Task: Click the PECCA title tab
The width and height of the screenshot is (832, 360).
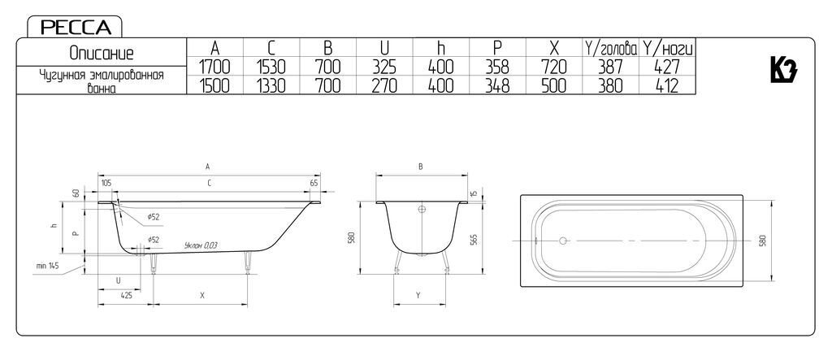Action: pos(75,27)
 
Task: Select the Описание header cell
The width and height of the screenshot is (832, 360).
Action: pos(102,53)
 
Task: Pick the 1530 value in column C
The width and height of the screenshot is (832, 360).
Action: pos(271,67)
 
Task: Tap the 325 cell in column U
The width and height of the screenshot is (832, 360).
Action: pos(384,67)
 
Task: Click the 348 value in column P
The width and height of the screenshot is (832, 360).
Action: pos(497,85)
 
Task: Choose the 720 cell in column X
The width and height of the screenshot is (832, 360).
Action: pos(554,67)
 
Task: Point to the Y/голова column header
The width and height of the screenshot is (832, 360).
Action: pos(610,48)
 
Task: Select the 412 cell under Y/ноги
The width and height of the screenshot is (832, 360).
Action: pos(666,85)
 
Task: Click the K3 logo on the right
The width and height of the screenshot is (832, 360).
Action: pos(784,70)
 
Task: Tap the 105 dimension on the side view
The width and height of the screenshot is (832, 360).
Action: pos(106,183)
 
